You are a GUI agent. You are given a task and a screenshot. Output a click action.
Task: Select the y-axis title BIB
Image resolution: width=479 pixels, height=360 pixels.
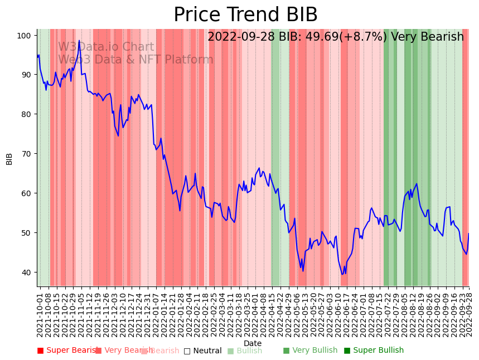coord(9,158)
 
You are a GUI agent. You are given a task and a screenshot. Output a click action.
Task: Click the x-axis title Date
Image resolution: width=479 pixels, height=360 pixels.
coord(252,343)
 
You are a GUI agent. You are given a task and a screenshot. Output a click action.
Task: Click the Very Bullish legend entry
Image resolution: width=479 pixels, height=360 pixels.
coord(310,351)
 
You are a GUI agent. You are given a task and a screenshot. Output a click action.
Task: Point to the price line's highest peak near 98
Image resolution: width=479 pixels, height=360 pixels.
coord(79,41)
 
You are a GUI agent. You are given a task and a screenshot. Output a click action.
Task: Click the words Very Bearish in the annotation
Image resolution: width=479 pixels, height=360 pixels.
coord(427,37)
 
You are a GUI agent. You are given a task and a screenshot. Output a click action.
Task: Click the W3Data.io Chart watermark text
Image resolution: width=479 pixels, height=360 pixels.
coord(106,47)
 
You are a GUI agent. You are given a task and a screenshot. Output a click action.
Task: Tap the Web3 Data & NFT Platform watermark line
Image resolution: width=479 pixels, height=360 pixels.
coord(136,60)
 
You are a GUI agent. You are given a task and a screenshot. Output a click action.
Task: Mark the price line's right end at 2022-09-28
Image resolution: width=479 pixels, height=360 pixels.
coord(468,233)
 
